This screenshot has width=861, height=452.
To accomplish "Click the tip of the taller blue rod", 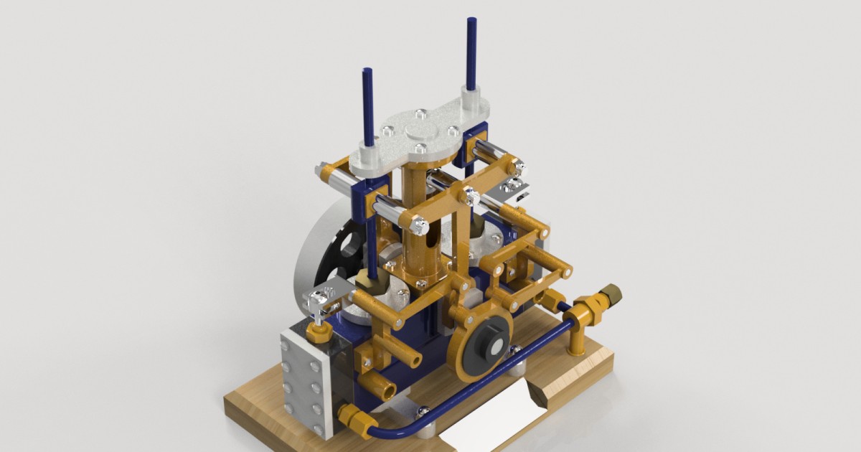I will click(472, 21).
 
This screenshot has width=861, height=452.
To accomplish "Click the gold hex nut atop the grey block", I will click(318, 332).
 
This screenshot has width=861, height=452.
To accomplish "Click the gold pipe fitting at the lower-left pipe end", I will click(349, 415).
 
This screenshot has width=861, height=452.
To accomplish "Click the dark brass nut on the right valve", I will click(611, 292).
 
